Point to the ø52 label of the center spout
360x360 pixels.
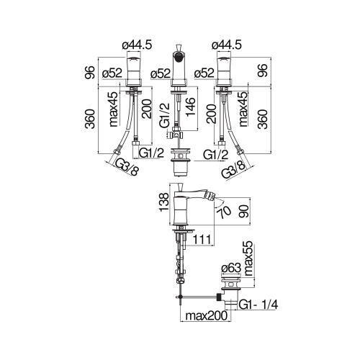pyautogui.click(x=161, y=73)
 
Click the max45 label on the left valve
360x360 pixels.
pyautogui.click(x=113, y=108)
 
